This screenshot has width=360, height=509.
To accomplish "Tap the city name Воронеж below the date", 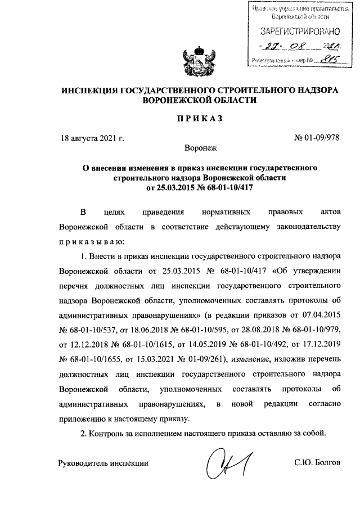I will pos(200,150).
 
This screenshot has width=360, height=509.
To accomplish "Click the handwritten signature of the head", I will pos(228,461).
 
